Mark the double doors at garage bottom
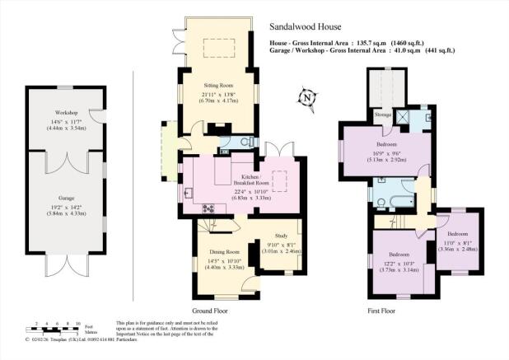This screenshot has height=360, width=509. [65, 265]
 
